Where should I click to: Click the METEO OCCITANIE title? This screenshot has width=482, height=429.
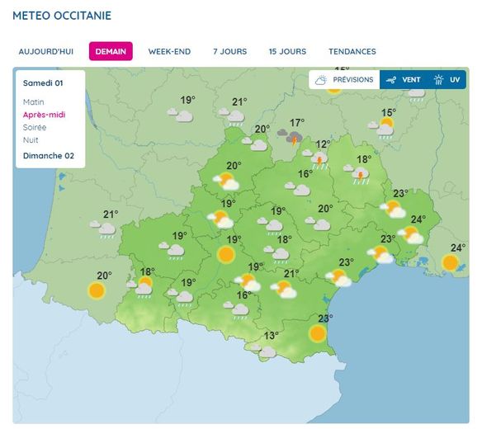click(x=62, y=16)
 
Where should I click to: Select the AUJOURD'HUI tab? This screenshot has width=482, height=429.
click(x=45, y=51)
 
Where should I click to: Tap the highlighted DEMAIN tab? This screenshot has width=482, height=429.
click(x=111, y=51)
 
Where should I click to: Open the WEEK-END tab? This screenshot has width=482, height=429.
click(x=169, y=51)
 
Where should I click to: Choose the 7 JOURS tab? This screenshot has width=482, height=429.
click(x=229, y=51)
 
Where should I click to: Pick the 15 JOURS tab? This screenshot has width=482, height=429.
click(x=287, y=51)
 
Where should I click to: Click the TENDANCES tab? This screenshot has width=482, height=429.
click(x=352, y=51)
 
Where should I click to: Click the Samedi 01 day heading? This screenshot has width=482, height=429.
click(x=43, y=82)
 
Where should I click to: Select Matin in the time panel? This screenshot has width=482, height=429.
click(x=35, y=101)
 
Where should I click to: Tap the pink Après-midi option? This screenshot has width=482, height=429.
click(x=45, y=115)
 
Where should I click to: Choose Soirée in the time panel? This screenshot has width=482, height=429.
click(x=35, y=127)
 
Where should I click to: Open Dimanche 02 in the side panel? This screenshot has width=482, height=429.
click(x=48, y=155)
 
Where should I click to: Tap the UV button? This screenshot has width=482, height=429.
click(x=448, y=80)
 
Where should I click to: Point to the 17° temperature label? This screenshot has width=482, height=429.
click(x=297, y=122)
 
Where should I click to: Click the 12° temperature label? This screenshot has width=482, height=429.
click(x=323, y=144)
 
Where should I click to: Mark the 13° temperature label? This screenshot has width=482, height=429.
click(x=271, y=335)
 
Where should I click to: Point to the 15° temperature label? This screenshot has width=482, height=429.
click(x=388, y=113)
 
